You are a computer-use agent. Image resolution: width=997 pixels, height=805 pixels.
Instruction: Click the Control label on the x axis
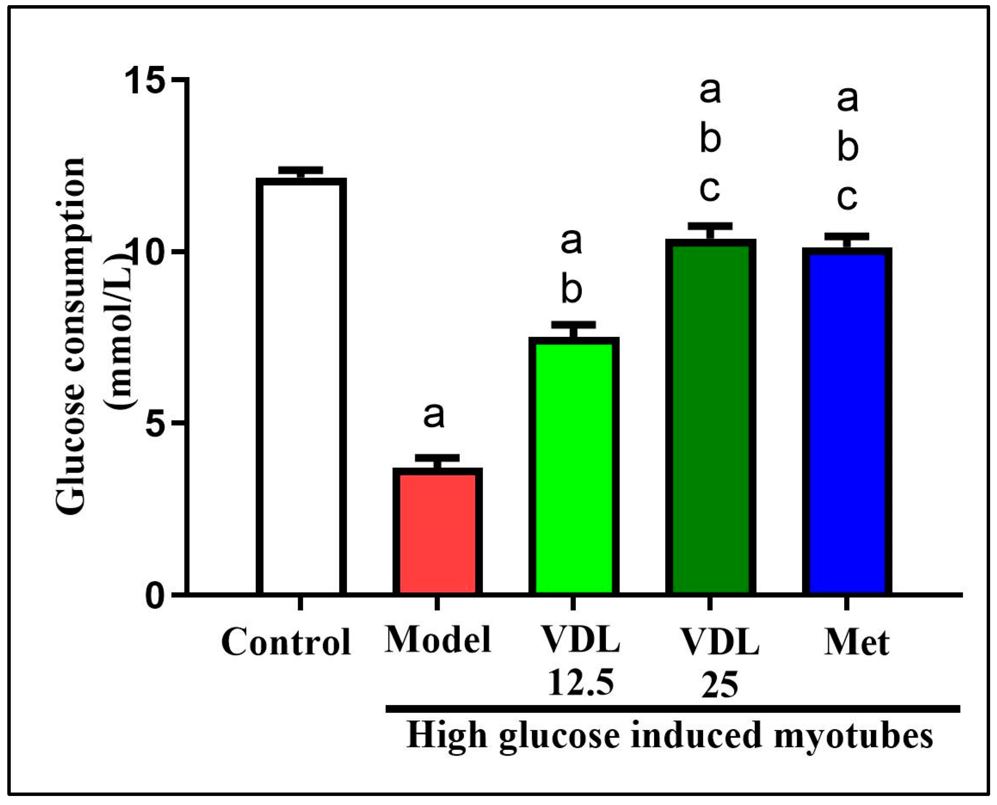(x=286, y=643)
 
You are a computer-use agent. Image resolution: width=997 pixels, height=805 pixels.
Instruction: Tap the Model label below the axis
(x=438, y=640)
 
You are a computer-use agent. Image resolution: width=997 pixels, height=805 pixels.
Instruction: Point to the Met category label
(x=856, y=643)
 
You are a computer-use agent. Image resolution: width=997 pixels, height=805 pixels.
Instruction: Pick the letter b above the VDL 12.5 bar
(x=571, y=290)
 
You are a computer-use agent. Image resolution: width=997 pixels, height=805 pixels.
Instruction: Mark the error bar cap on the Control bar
(x=301, y=170)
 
